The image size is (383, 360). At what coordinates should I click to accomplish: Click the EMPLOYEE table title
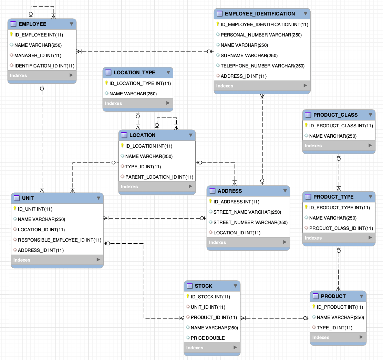(x=32, y=24)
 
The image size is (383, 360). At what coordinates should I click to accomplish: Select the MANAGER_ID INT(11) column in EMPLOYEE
(x=38, y=55)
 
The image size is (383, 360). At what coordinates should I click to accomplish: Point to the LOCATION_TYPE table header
(x=134, y=73)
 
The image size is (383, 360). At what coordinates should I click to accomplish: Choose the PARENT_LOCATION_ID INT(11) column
(x=159, y=177)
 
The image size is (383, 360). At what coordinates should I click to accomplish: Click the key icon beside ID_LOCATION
(x=122, y=146)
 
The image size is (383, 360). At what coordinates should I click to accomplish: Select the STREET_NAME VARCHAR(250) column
(x=247, y=212)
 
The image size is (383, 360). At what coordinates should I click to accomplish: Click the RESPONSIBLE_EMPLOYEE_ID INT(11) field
(x=60, y=240)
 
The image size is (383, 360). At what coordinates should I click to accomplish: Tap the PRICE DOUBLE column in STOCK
(x=208, y=338)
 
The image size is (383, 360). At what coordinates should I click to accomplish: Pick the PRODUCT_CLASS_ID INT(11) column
(x=341, y=228)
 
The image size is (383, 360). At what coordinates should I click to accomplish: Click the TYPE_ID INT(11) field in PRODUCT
(x=334, y=328)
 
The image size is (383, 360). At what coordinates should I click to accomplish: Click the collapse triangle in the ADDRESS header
(x=285, y=191)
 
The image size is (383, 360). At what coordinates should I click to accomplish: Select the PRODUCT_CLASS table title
(x=335, y=115)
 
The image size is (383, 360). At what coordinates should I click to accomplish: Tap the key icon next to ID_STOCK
(x=188, y=297)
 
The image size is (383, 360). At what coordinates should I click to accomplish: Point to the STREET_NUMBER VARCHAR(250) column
(x=250, y=222)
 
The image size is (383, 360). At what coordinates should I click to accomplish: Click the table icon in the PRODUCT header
(x=315, y=296)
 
